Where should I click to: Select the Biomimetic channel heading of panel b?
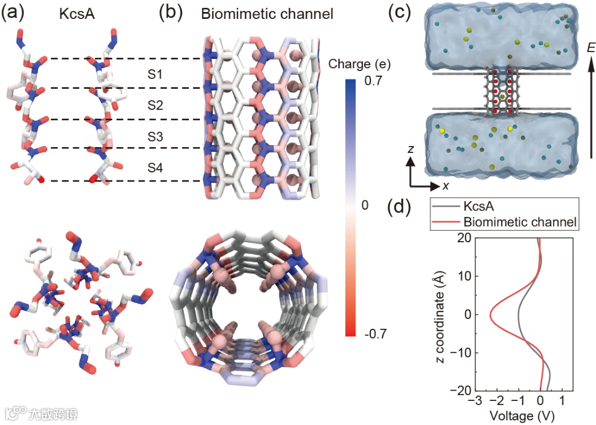point(267,14)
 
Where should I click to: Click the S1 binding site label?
point(155,74)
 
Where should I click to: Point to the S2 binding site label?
point(155,105)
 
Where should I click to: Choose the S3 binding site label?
point(155,136)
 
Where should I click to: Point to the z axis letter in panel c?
point(411,148)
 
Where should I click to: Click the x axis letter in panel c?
point(445,186)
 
